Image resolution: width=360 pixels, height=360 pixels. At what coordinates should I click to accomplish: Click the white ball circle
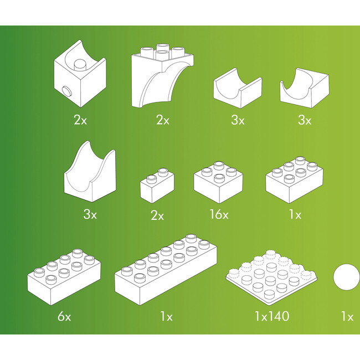coord(347,278)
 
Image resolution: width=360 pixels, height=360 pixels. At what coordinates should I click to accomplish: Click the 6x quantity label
coord(64,317)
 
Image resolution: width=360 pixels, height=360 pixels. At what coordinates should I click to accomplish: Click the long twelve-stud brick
coord(166,272)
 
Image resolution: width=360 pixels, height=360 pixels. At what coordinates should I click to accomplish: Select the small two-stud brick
coord(156,185)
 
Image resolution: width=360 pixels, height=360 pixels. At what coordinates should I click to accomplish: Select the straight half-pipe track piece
coord(237,89)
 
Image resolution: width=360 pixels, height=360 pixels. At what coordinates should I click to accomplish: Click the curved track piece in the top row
coord(302,89)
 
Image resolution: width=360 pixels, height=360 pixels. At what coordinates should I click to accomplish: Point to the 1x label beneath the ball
coord(347,317)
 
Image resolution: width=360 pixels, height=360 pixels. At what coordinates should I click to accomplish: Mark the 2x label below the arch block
coord(162,120)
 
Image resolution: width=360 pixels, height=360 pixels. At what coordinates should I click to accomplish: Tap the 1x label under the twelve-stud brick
coord(166,317)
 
